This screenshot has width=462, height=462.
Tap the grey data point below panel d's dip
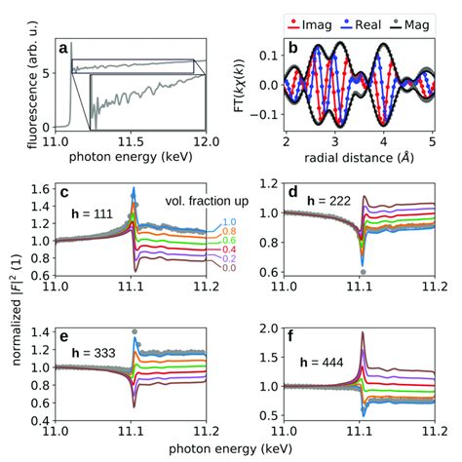[x=363, y=272]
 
